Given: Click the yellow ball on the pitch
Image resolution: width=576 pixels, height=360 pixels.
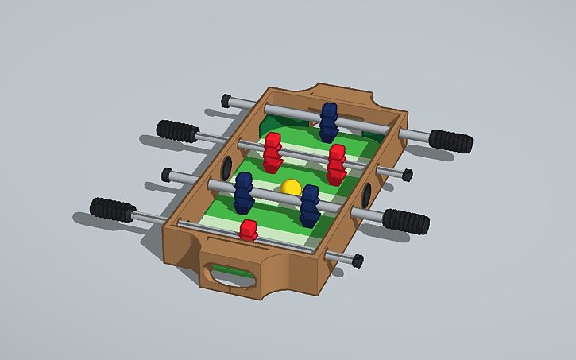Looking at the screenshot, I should tap(291, 188).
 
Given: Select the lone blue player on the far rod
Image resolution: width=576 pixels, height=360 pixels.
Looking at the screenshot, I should tap(329, 122).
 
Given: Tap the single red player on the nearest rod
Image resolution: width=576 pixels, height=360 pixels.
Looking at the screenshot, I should tap(249, 230).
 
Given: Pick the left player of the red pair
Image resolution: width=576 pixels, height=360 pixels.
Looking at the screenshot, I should tap(273, 151).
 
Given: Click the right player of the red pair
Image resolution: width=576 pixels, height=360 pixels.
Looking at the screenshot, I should tap(337, 164).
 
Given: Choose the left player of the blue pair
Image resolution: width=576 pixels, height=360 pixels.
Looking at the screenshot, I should tap(244, 192).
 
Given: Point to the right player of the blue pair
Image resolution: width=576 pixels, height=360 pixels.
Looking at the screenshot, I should tap(309, 205).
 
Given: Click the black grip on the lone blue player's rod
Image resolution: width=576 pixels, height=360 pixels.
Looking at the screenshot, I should tap(450, 141).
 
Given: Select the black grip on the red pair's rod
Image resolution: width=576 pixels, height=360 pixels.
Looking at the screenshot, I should tap(176, 130).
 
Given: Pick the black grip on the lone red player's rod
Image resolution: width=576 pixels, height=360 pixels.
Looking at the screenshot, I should tap(111, 210).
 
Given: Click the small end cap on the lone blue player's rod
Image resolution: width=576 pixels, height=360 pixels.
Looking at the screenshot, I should tap(226, 100).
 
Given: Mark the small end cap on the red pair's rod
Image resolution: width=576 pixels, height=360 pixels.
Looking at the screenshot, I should tap(407, 174).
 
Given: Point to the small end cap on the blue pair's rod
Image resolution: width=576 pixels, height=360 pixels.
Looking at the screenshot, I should tap(168, 173).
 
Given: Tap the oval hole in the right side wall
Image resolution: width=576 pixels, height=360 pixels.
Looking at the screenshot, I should tap(367, 193).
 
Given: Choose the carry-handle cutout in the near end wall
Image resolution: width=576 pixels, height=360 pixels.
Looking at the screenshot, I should tap(230, 275).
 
